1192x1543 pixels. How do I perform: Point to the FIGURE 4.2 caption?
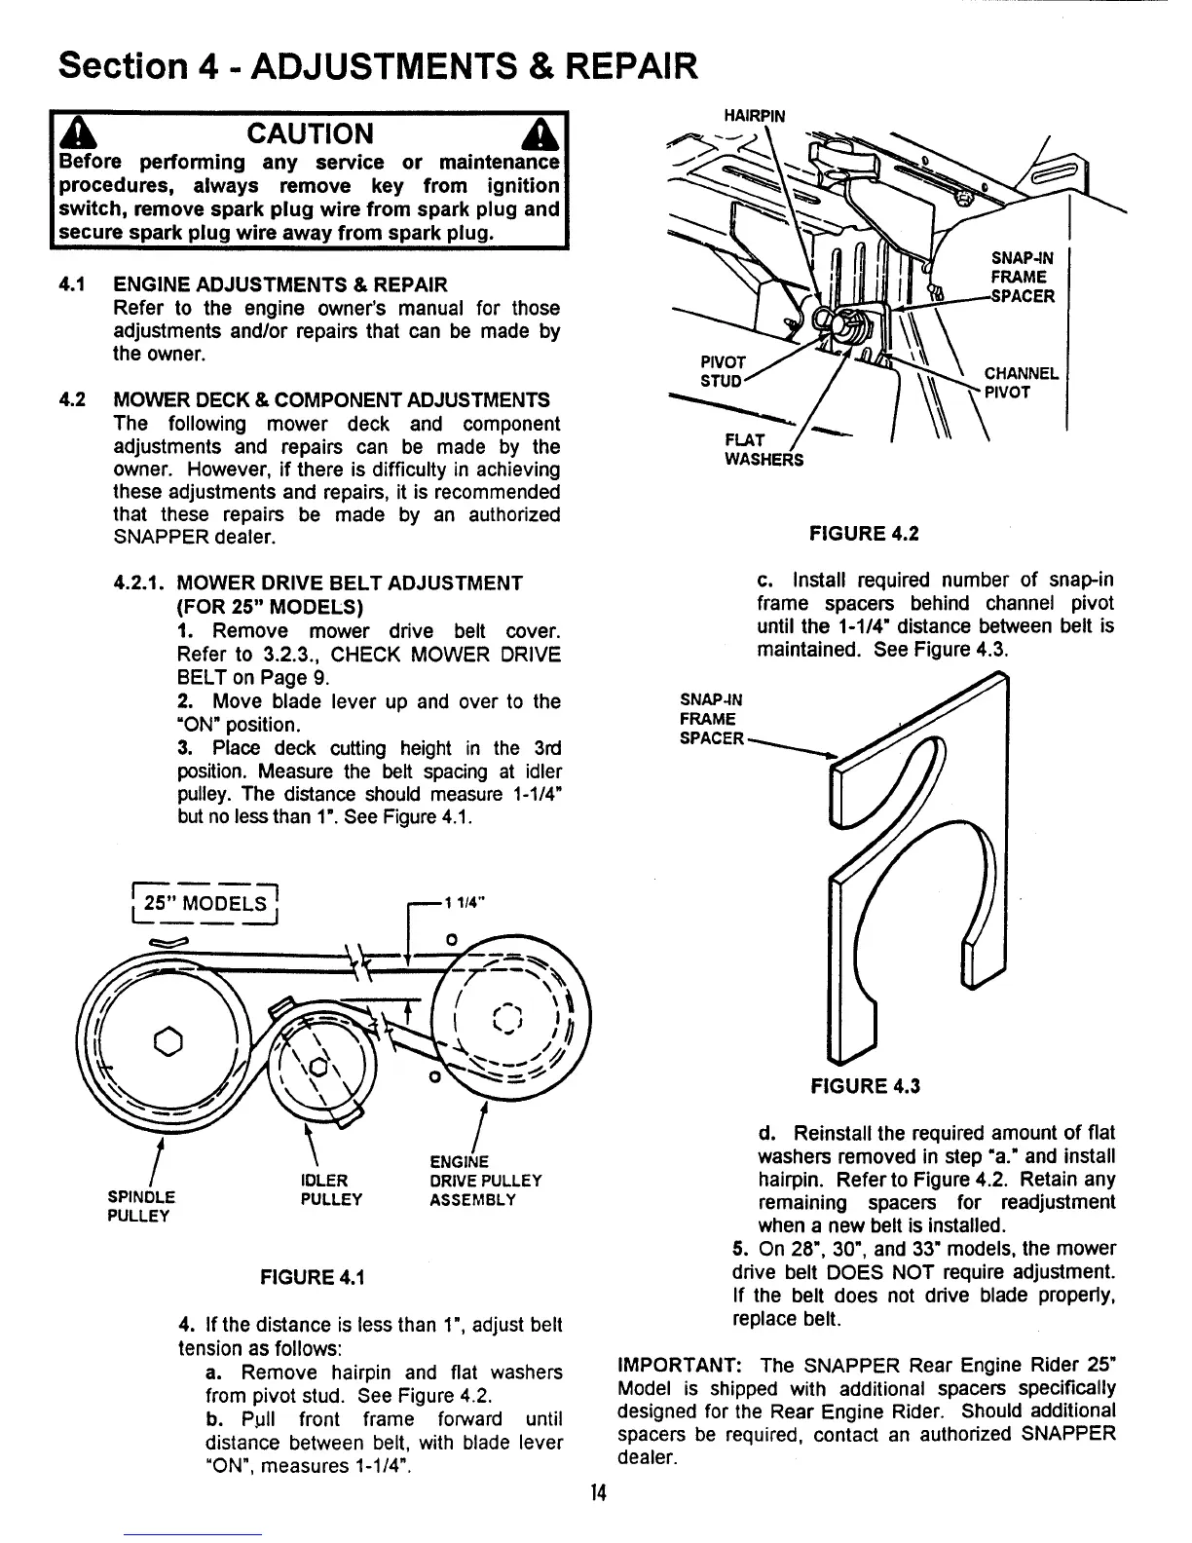(x=864, y=534)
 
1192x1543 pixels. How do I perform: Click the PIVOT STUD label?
(x=722, y=371)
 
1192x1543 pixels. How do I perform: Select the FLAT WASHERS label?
(x=764, y=450)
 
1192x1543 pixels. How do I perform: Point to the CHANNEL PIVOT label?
(x=1020, y=383)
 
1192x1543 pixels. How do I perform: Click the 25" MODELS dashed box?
(x=205, y=902)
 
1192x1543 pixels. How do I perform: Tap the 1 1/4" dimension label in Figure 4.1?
(x=463, y=902)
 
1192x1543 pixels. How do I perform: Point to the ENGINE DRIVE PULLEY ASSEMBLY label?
(x=485, y=1181)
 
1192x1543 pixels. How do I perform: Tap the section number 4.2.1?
(x=142, y=583)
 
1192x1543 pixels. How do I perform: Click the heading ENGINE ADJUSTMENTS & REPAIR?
(x=280, y=284)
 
